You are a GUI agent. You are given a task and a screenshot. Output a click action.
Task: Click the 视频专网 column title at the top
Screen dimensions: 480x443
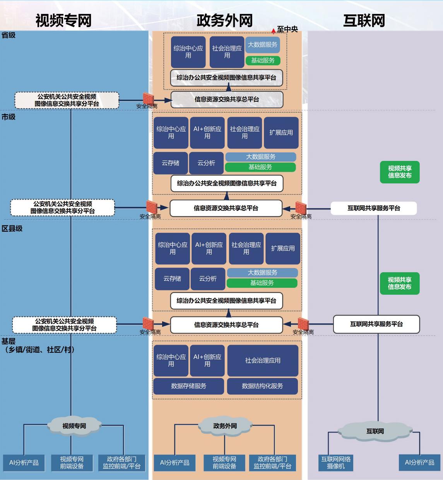(x=63, y=20)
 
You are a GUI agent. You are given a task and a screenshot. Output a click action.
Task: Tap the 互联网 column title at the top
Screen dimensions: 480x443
(x=364, y=20)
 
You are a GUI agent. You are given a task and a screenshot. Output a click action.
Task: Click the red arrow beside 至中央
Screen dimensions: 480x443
(x=274, y=31)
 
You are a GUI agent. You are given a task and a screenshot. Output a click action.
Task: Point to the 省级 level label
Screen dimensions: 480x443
(x=9, y=35)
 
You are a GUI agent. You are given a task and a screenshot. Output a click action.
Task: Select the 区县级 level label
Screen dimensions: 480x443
(x=12, y=229)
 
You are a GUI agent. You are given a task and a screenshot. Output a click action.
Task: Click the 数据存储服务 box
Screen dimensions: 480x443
(x=188, y=386)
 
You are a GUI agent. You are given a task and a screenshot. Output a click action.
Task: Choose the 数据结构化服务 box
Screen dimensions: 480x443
(x=262, y=386)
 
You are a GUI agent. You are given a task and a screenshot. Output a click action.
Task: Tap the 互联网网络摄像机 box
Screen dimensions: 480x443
(x=336, y=463)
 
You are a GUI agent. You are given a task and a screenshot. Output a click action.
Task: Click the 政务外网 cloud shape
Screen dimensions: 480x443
(x=225, y=426)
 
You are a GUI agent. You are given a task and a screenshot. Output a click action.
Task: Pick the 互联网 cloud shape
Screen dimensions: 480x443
(x=375, y=431)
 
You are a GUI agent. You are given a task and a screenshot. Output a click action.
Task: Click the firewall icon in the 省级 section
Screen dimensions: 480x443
(x=148, y=98)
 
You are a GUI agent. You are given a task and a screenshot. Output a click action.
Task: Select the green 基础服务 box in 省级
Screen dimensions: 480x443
(x=263, y=60)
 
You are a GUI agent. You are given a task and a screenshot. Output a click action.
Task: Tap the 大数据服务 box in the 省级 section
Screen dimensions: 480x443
(x=262, y=45)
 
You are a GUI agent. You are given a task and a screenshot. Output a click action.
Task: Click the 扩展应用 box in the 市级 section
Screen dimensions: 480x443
(x=281, y=133)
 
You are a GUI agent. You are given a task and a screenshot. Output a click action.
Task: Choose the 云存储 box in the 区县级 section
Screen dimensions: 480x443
(x=172, y=278)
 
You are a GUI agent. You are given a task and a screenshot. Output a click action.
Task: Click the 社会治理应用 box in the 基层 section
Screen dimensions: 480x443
(x=263, y=360)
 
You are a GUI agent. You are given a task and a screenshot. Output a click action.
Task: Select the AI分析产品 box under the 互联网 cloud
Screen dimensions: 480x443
(x=419, y=463)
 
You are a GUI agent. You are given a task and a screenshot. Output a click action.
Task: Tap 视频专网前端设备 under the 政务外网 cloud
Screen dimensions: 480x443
(x=224, y=463)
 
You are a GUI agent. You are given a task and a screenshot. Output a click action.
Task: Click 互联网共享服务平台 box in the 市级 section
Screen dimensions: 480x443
(x=373, y=208)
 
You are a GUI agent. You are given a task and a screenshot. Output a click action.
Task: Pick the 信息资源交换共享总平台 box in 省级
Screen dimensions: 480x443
(x=227, y=99)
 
